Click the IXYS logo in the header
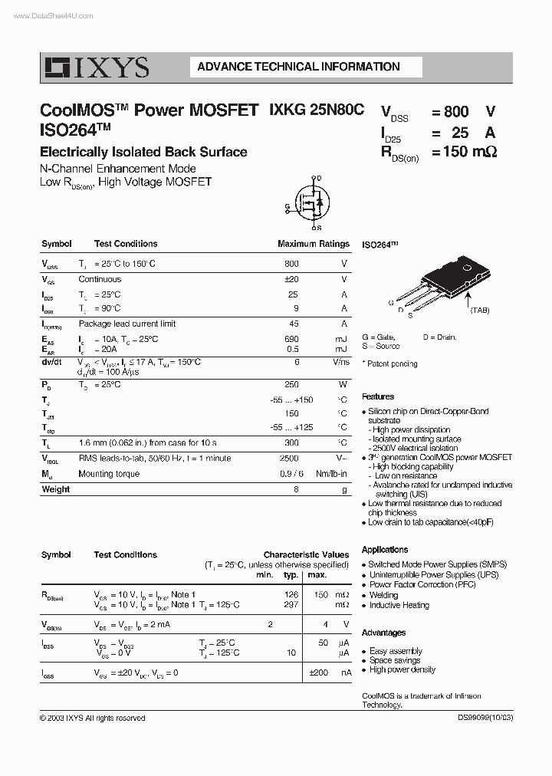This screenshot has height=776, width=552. coord(95,67)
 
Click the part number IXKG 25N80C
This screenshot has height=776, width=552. coord(317,110)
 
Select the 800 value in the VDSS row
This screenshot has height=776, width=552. coord(291,263)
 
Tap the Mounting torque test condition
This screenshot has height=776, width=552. coord(109,474)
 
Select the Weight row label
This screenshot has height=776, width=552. coord(55,489)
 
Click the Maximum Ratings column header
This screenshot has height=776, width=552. coord(313,244)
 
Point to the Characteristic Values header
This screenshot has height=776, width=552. coord(306,554)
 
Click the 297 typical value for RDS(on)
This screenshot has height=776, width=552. coord(291,605)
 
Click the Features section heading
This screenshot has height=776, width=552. coord(378,396)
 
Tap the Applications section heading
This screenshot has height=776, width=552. coord(385,549)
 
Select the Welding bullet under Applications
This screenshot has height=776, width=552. coord(383,594)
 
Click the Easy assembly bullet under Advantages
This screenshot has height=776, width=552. coord(396,651)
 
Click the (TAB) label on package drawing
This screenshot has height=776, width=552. coord(479,310)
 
